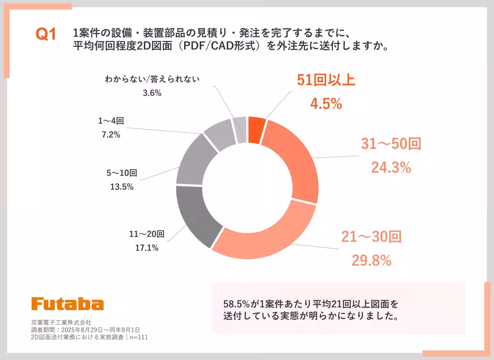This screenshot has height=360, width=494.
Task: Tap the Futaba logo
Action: (x=68, y=304)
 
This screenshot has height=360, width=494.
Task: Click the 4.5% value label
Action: (x=326, y=104)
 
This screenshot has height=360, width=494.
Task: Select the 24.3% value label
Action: (x=391, y=167)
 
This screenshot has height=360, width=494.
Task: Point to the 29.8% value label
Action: (x=371, y=260)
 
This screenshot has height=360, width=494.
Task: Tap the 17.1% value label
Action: (x=147, y=248)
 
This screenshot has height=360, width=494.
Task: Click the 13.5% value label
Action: (x=122, y=187)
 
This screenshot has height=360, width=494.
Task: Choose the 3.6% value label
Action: (x=152, y=93)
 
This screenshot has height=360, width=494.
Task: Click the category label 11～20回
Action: (x=147, y=234)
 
